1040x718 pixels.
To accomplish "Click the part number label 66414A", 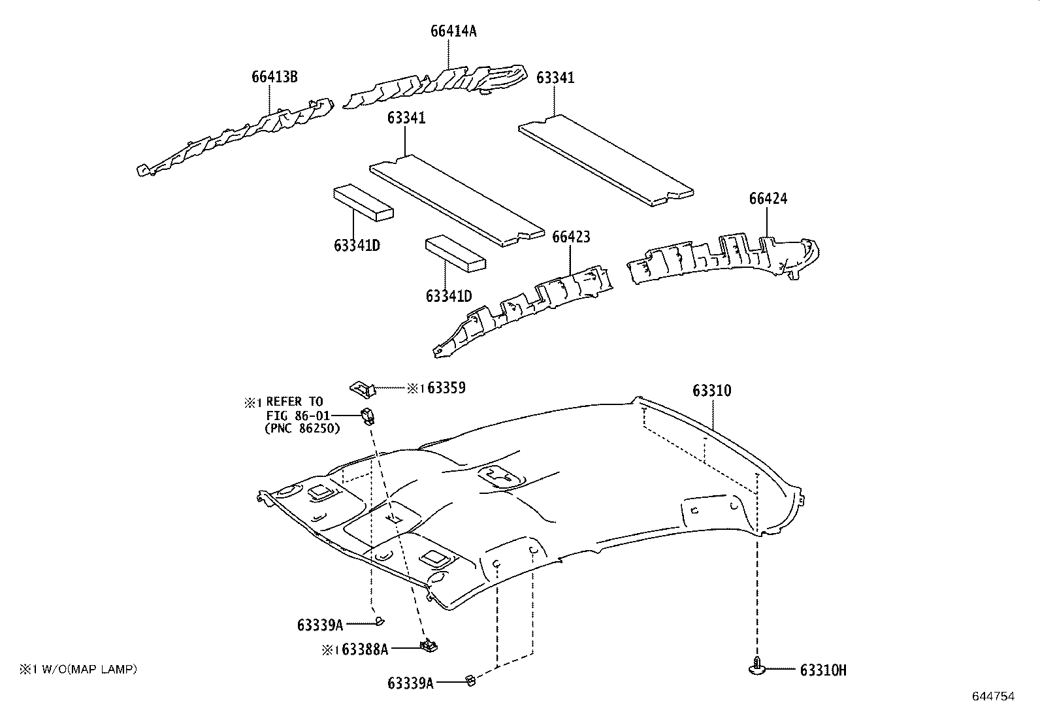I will click(x=453, y=31).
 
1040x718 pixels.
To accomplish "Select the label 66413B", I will click(x=274, y=77).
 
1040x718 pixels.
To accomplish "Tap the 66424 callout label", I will click(x=768, y=199).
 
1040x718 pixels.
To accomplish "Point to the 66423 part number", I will click(x=571, y=237).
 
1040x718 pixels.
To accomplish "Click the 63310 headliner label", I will click(x=711, y=391).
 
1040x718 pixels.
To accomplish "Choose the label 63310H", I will click(x=822, y=670).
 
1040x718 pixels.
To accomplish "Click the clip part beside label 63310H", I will click(x=758, y=667).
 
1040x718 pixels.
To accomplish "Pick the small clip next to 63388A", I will click(x=429, y=645).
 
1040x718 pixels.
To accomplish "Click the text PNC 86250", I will click(x=302, y=429).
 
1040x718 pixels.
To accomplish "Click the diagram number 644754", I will click(x=993, y=696).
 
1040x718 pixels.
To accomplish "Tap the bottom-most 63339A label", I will click(x=410, y=683).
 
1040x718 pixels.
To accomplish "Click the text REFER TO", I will click(x=295, y=402).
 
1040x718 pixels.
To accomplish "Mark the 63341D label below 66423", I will click(x=448, y=296).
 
